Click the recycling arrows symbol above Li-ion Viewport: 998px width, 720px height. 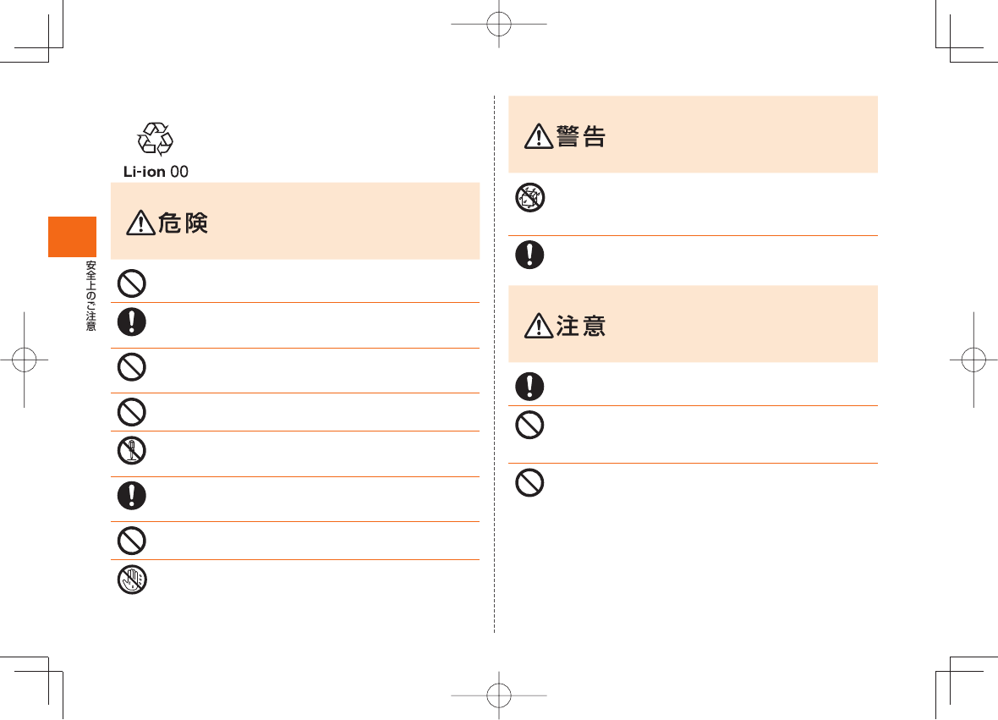click(x=156, y=139)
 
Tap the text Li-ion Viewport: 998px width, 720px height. click(x=145, y=172)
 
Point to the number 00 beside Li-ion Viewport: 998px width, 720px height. click(x=179, y=172)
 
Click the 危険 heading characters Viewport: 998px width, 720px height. click(x=184, y=223)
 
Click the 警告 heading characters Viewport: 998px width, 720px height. click(x=581, y=136)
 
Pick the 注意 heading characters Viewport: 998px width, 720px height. click(x=581, y=325)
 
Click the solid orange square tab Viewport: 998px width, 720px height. click(x=72, y=237)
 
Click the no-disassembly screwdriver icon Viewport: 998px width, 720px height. click(x=131, y=450)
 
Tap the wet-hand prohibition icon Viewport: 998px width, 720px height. click(x=131, y=579)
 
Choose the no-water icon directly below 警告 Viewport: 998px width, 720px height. click(x=529, y=199)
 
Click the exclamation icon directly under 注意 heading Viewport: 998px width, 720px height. click(x=529, y=386)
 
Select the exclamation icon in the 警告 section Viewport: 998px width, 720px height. click(x=529, y=256)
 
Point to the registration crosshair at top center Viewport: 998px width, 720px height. click(x=499, y=25)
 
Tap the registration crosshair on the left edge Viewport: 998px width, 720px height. click(x=25, y=359)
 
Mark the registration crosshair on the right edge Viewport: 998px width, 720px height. click(x=973, y=359)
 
